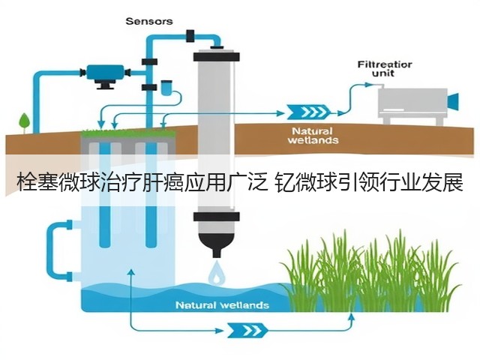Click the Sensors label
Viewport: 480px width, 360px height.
[x=149, y=21]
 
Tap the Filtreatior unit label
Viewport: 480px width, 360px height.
[x=385, y=69]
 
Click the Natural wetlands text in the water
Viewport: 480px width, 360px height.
[x=223, y=305]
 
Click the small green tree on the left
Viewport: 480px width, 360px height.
[x=25, y=122]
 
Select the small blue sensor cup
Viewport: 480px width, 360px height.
[x=166, y=87]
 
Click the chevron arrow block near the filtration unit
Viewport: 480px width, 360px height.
[x=308, y=112]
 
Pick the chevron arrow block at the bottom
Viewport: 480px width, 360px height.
[x=247, y=330]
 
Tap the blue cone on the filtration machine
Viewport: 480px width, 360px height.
[x=453, y=101]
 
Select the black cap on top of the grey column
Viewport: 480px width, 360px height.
[x=217, y=56]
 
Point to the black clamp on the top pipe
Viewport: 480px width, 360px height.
[x=190, y=35]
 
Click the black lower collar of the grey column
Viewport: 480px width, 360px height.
[x=217, y=217]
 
